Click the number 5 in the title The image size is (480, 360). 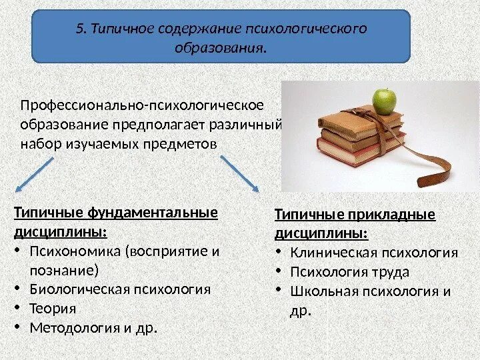click(81, 29)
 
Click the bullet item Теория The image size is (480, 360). click(53, 309)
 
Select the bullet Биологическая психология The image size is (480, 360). click(120, 289)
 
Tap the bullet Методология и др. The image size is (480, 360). click(93, 328)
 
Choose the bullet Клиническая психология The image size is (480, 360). click(374, 253)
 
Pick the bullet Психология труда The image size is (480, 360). click(350, 272)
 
